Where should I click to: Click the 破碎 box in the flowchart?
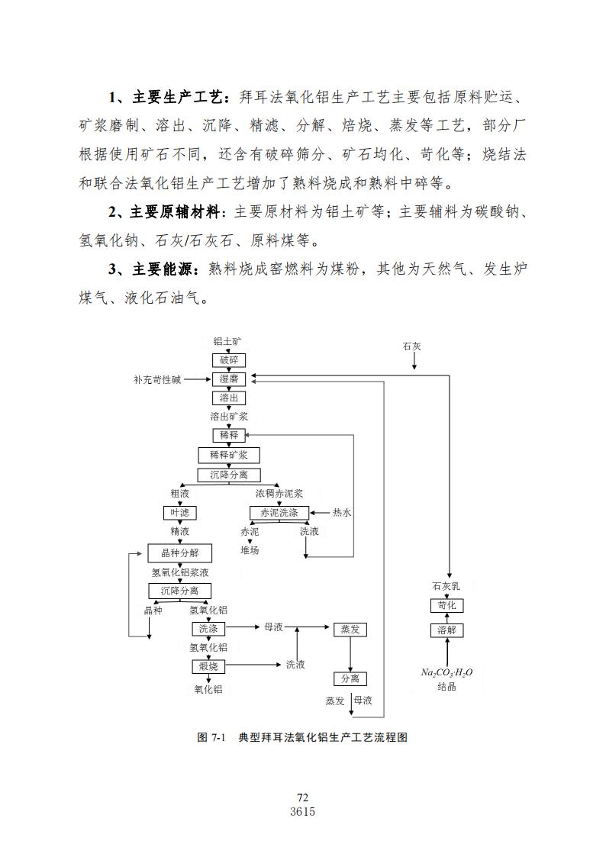point(229,360)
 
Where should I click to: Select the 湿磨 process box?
point(229,379)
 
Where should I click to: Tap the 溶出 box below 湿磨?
point(229,398)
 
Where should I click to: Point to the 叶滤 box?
point(180,513)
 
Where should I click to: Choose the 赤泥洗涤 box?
point(279,513)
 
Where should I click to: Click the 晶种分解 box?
point(180,553)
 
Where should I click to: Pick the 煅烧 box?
point(208,666)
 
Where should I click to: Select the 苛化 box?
point(446,606)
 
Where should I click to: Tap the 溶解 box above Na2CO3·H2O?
point(446,630)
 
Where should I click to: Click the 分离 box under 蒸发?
point(350,679)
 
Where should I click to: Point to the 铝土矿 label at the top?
point(227,342)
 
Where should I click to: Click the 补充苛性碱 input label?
point(157,379)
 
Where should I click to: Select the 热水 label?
point(342,513)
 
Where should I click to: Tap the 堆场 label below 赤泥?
point(250,550)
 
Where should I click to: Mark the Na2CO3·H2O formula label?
point(446,673)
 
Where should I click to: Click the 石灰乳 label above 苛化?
point(446,586)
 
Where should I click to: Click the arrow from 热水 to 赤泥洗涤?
point(321,513)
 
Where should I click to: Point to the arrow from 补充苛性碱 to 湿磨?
point(198,379)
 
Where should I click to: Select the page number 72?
point(303,798)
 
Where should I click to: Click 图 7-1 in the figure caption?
point(211,737)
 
